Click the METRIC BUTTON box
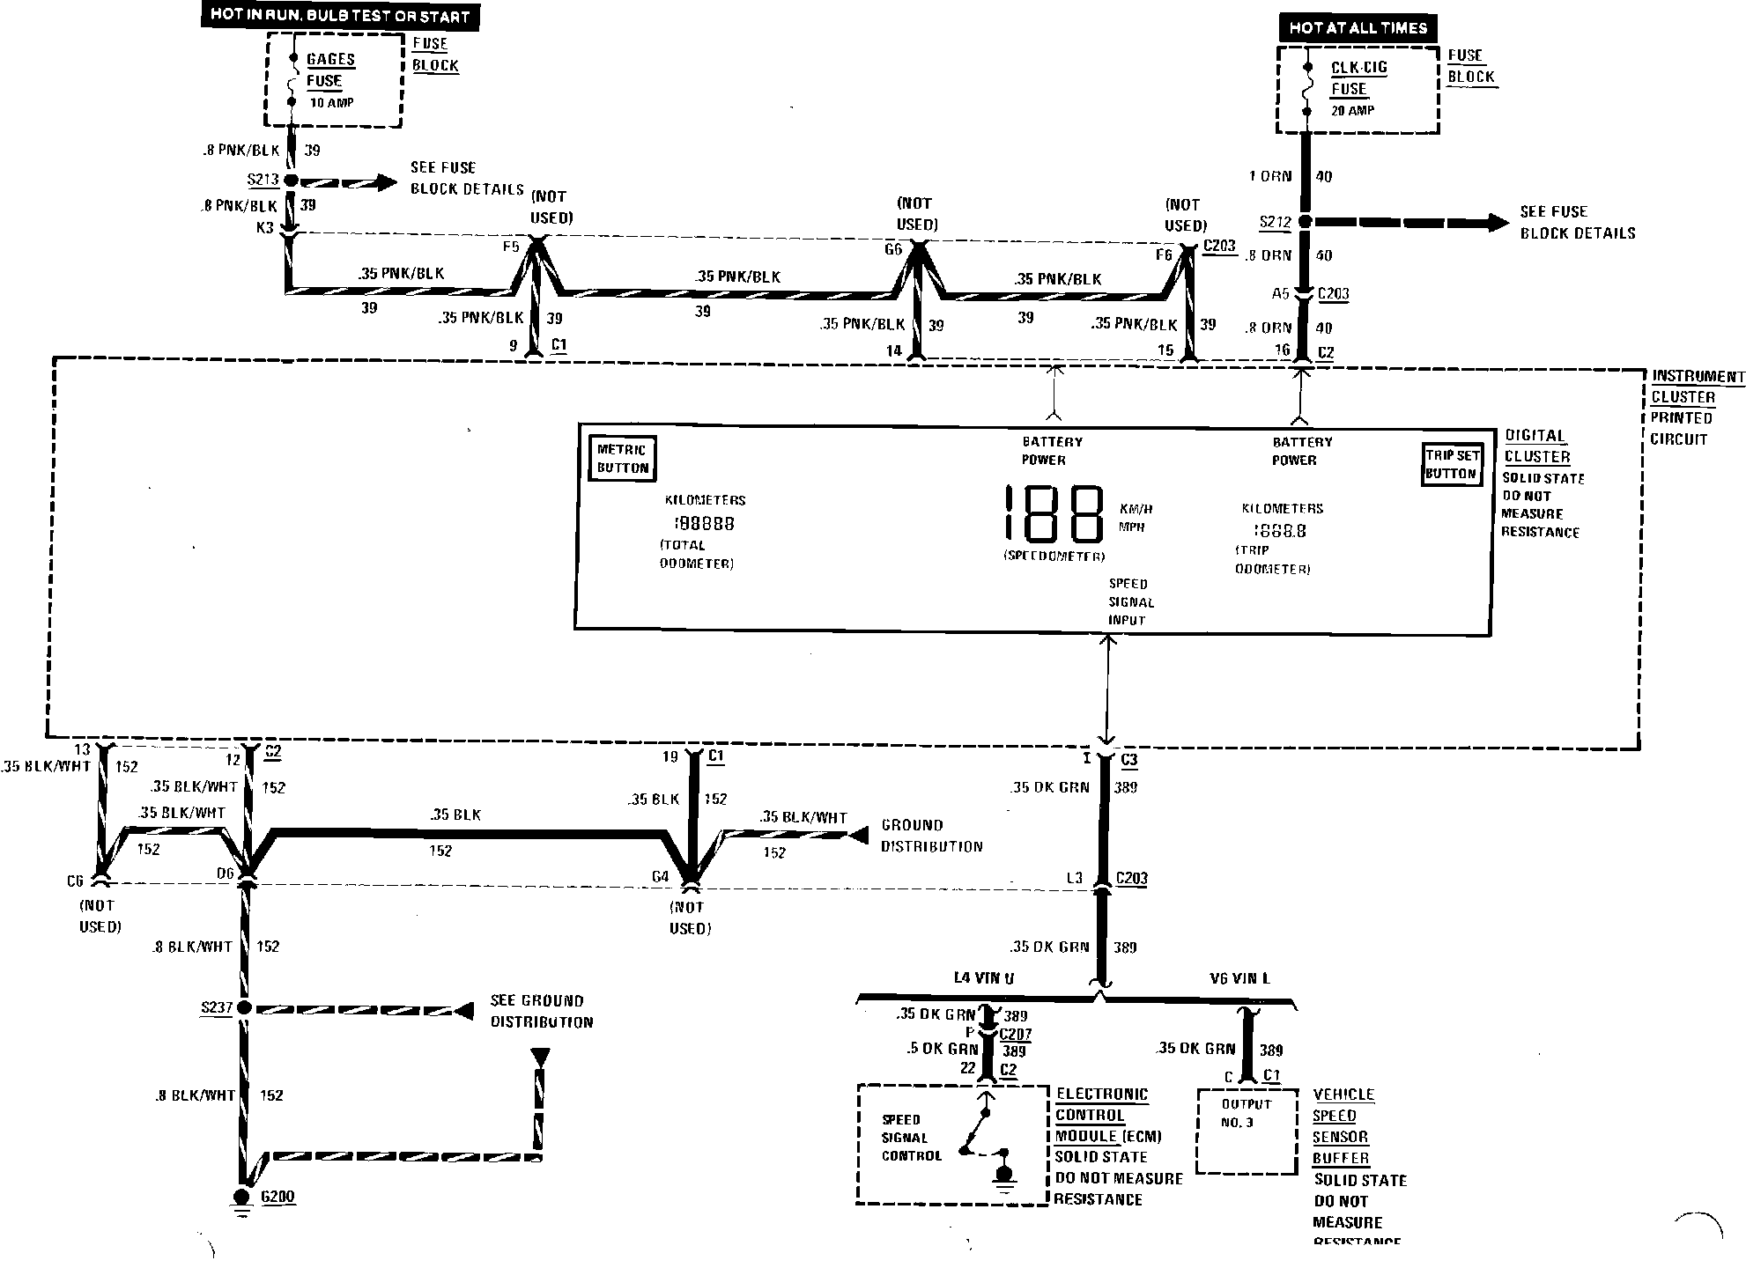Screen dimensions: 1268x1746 (622, 458)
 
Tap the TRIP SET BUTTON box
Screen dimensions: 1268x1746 (1451, 464)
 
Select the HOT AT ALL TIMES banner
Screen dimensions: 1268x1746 (1357, 28)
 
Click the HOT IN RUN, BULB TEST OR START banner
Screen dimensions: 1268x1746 (339, 16)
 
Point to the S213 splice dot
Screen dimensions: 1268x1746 (291, 181)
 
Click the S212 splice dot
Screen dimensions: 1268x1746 (1305, 223)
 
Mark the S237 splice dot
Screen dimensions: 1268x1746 (244, 1007)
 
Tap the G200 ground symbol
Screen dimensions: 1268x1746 (241, 1198)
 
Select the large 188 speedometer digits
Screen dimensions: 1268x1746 (1054, 514)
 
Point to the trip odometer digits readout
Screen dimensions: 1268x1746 (1280, 530)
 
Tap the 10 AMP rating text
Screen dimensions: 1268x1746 (331, 103)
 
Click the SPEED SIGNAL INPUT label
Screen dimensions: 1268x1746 (1130, 602)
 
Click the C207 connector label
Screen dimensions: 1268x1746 (1015, 1035)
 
